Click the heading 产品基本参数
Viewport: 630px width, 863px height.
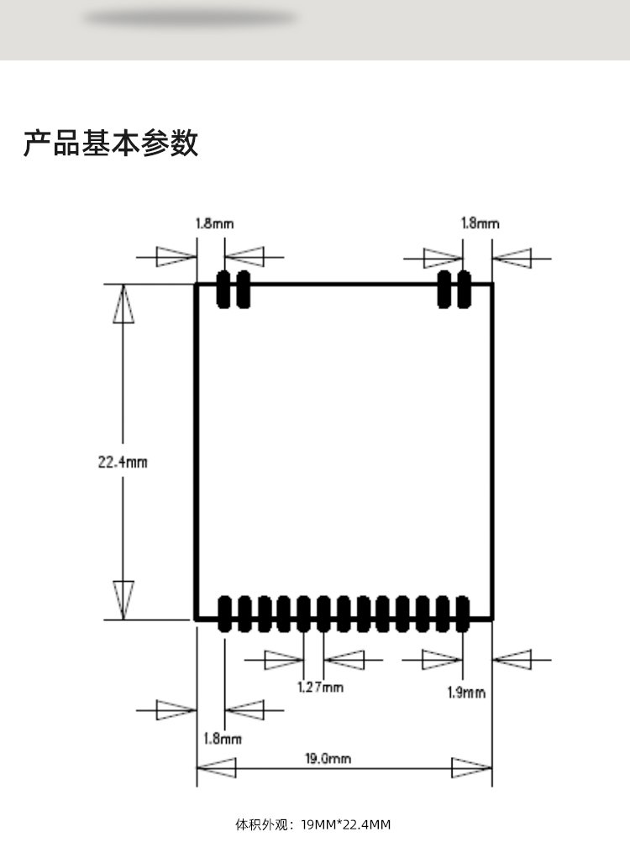111,143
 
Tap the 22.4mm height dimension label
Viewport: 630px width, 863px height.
123,461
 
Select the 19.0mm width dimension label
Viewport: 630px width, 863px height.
328,759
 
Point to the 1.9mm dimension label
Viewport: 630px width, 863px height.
465,692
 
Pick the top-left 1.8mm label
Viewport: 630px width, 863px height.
215,223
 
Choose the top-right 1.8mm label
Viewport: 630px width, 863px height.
480,223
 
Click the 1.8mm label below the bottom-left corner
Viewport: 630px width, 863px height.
223,738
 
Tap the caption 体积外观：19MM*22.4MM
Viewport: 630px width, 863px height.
312,824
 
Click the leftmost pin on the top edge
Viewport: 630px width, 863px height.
224,289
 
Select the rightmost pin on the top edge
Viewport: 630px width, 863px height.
464,289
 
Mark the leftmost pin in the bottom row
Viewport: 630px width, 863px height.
225,614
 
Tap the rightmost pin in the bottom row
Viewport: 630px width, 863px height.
463,614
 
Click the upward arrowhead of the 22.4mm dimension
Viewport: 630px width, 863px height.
123,304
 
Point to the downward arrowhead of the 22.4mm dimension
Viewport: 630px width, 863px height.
123,599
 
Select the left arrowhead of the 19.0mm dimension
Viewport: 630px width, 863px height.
216,767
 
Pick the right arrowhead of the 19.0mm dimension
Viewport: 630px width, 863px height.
471,767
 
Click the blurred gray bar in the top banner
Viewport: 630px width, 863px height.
191,18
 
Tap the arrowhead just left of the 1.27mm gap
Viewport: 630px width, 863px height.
284,660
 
